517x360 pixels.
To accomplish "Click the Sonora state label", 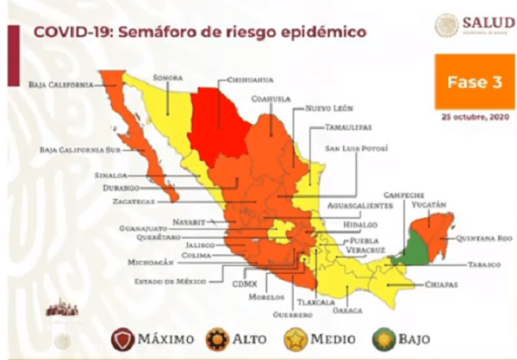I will click(168, 77).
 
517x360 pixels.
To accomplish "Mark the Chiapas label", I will click(439, 284).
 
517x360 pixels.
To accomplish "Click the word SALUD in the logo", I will click(488, 22).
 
